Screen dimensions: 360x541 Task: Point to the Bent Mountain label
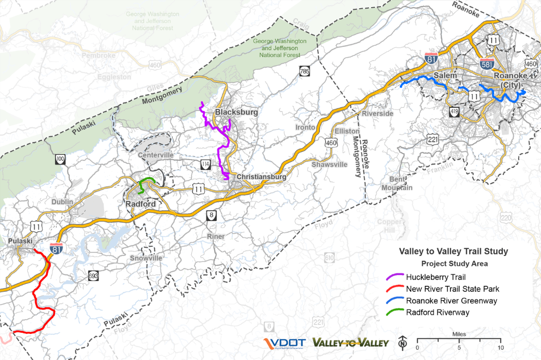coord(401,184)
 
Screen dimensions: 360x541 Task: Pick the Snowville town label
coord(147,258)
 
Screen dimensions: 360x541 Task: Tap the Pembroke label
coord(99,56)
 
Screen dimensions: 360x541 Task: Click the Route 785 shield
coord(304,71)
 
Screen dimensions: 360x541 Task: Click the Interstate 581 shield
coord(488,64)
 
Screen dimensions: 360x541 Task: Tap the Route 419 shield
coord(454,112)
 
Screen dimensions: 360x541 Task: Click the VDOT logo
coord(283,343)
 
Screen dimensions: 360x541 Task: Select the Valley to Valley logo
coord(350,343)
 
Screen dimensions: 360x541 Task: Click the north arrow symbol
coord(403,342)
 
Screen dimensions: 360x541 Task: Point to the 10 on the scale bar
coord(500,347)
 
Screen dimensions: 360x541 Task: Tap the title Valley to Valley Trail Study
coord(453,252)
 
